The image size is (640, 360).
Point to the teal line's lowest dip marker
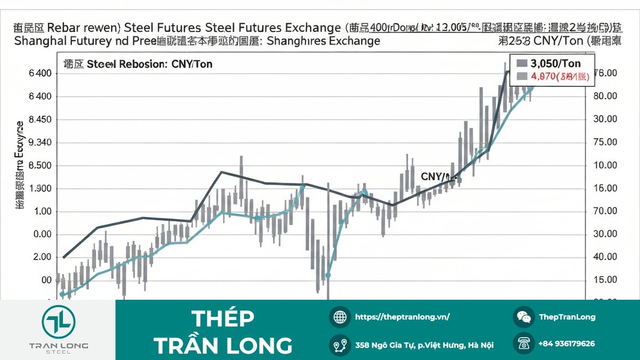(x=327, y=275)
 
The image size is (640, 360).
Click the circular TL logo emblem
(x=59, y=321)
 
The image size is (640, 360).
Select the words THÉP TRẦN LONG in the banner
(x=223, y=332)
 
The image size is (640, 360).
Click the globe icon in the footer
(x=340, y=317)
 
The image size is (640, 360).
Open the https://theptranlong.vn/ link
(x=402, y=317)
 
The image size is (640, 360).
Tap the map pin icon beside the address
(x=340, y=345)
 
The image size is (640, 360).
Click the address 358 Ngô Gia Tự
(x=424, y=345)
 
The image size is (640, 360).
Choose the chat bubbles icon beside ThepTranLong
(x=524, y=317)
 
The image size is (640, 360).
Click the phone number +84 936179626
(x=566, y=344)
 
